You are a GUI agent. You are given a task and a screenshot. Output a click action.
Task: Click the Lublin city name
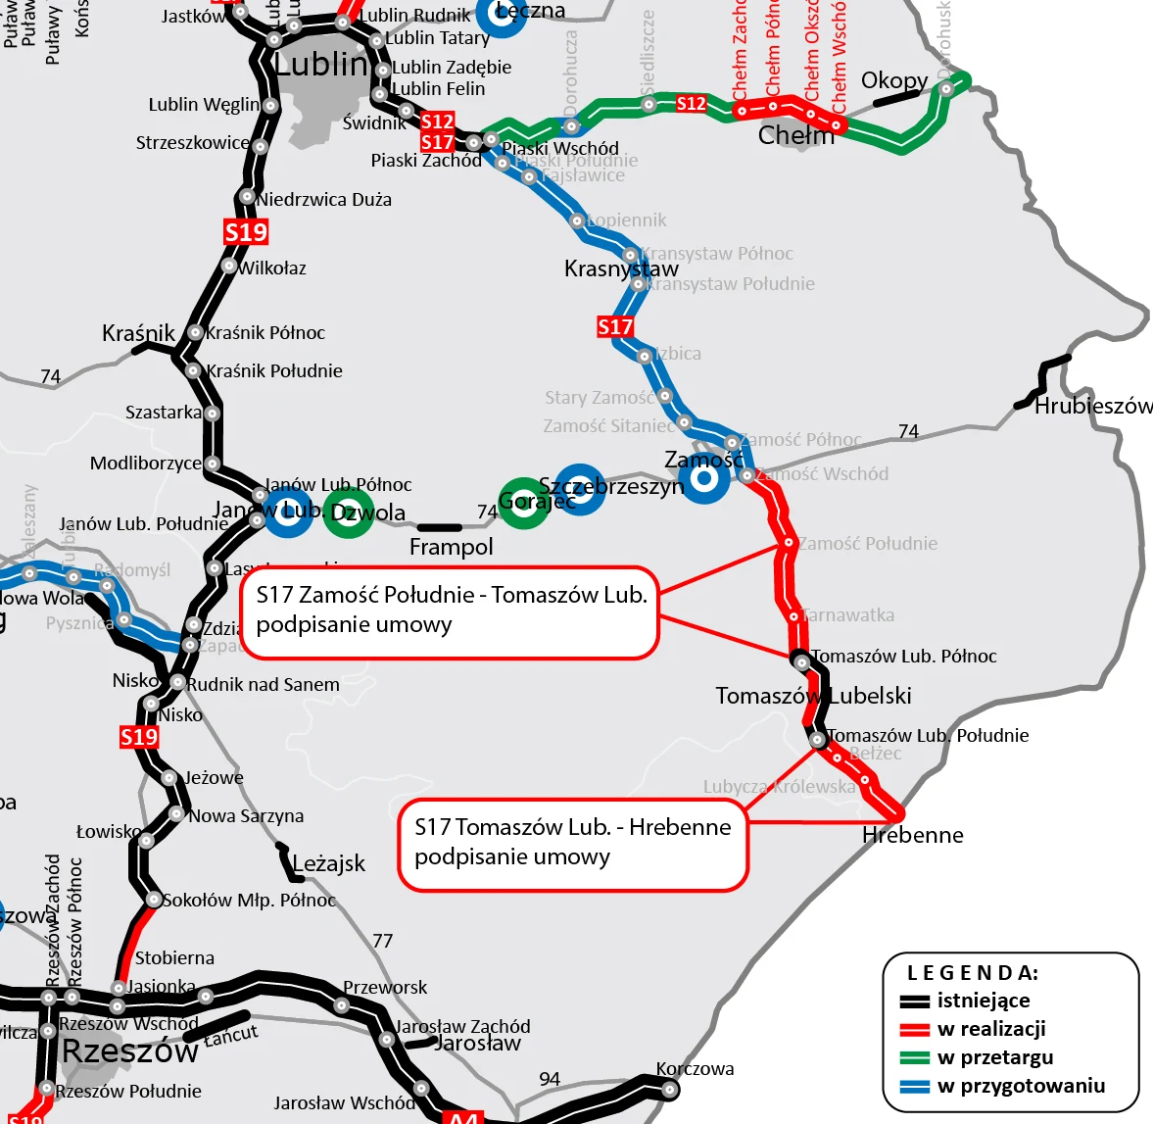(x=319, y=65)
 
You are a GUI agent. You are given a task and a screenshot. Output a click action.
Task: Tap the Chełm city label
(x=795, y=135)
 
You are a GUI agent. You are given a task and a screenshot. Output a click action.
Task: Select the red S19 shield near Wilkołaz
(x=245, y=232)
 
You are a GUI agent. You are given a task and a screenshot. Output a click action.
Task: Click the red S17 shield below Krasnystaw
(x=615, y=326)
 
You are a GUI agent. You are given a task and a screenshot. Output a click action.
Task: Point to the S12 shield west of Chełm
(x=691, y=103)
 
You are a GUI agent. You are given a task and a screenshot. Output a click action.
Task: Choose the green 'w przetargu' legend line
(x=915, y=1058)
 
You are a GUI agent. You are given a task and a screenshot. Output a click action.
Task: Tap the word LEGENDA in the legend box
(x=972, y=973)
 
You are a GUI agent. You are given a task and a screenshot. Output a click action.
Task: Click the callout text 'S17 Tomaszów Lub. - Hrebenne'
(x=572, y=827)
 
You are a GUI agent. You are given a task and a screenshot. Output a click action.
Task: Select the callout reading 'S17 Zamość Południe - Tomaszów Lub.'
(x=452, y=596)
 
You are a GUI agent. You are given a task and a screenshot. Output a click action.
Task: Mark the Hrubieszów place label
(x=1093, y=406)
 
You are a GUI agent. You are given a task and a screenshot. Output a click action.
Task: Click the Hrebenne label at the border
(x=912, y=835)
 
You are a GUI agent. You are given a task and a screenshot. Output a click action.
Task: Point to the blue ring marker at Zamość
(x=703, y=479)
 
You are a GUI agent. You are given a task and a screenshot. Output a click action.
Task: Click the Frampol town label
(x=451, y=547)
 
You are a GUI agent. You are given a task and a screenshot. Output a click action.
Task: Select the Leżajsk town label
(x=328, y=863)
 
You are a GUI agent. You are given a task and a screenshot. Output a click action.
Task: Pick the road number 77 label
(x=383, y=941)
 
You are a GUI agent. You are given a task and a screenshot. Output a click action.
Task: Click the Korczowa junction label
(x=695, y=1069)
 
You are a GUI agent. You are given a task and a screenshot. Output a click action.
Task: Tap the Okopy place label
(x=893, y=80)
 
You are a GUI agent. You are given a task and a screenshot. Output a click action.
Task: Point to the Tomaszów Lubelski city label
(x=813, y=696)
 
